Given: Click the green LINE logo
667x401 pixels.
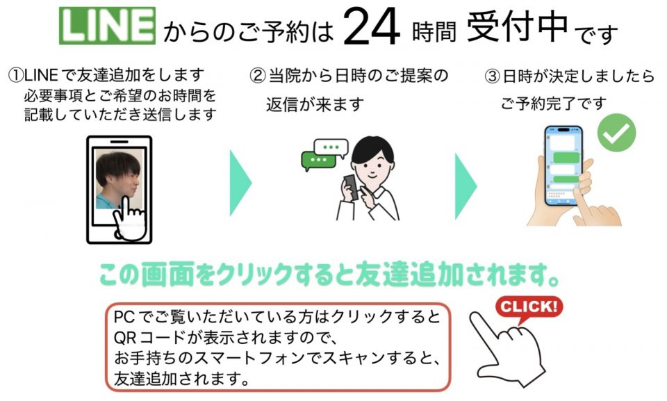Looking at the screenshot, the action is (x=107, y=26).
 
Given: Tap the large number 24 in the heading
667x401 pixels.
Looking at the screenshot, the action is (x=371, y=28).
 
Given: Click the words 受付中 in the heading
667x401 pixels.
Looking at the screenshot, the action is (x=517, y=26).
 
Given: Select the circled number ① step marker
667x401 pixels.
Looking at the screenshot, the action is (x=16, y=75).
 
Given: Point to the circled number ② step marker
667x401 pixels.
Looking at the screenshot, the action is (x=257, y=76).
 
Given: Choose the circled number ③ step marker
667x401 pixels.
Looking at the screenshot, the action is (x=493, y=76).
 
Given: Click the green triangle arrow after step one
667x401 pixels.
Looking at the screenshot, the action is (x=241, y=183).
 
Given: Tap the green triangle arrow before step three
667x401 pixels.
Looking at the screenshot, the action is (x=466, y=186).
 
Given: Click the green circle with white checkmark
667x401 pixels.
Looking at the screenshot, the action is (x=616, y=133).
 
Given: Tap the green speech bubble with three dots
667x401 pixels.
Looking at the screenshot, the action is (x=318, y=161).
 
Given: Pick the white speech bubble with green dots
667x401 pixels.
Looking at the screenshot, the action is (x=331, y=147).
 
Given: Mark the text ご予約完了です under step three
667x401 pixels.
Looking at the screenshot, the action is (x=554, y=104).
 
